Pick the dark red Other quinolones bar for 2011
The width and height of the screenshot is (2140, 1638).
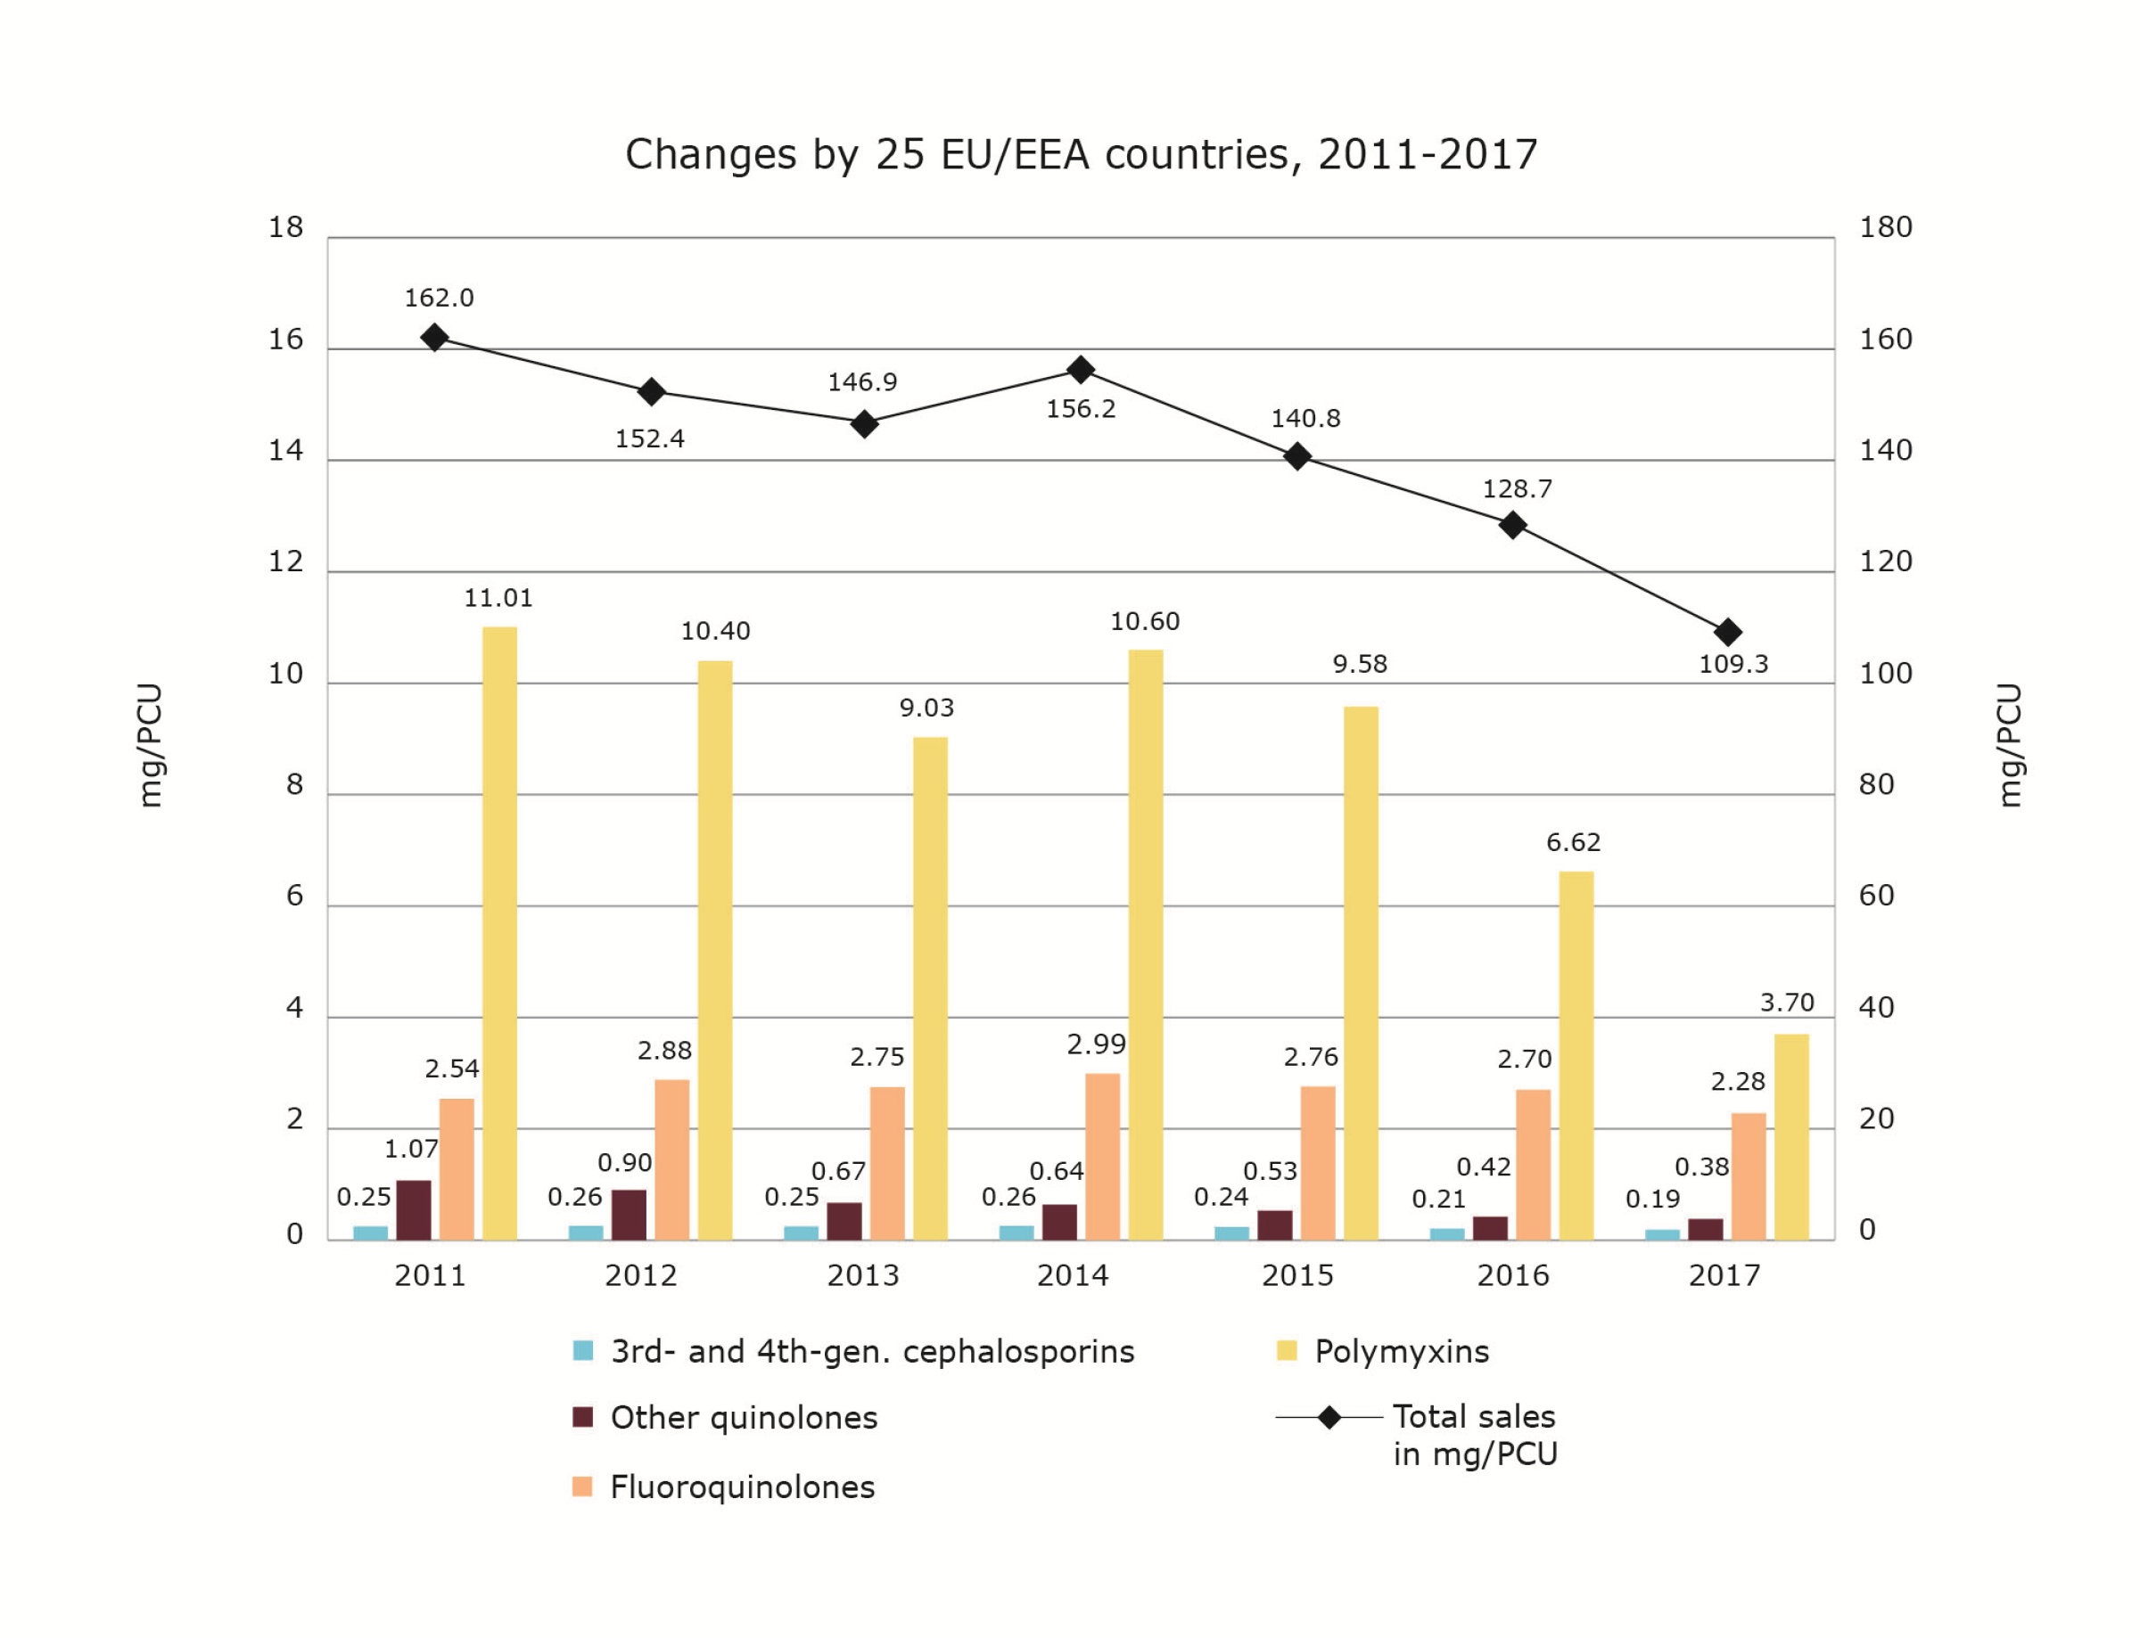pos(414,1210)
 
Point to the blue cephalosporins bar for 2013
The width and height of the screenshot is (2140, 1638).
pos(801,1233)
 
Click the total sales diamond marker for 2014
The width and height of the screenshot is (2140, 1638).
pos(1080,370)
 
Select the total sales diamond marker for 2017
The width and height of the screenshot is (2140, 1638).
pos(1727,632)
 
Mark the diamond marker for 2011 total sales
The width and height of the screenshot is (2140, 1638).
pos(435,338)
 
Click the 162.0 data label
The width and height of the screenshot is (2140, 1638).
pos(439,298)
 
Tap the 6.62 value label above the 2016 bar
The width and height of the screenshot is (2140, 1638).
pos(1573,841)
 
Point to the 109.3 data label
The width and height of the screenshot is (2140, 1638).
pos(1733,664)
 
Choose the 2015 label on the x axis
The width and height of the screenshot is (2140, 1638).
pos(1297,1275)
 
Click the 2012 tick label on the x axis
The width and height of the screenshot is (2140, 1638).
pos(641,1275)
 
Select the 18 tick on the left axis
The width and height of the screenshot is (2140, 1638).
pos(286,227)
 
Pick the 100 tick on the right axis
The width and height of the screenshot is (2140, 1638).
pos(1885,674)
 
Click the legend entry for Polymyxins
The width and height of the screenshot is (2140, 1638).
pos(1401,1351)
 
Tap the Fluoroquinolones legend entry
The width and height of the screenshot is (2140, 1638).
pos(742,1486)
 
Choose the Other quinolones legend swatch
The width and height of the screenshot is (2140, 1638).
pos(582,1417)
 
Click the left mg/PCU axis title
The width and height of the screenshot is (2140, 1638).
pos(149,745)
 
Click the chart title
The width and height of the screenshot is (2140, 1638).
pos(1081,154)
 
